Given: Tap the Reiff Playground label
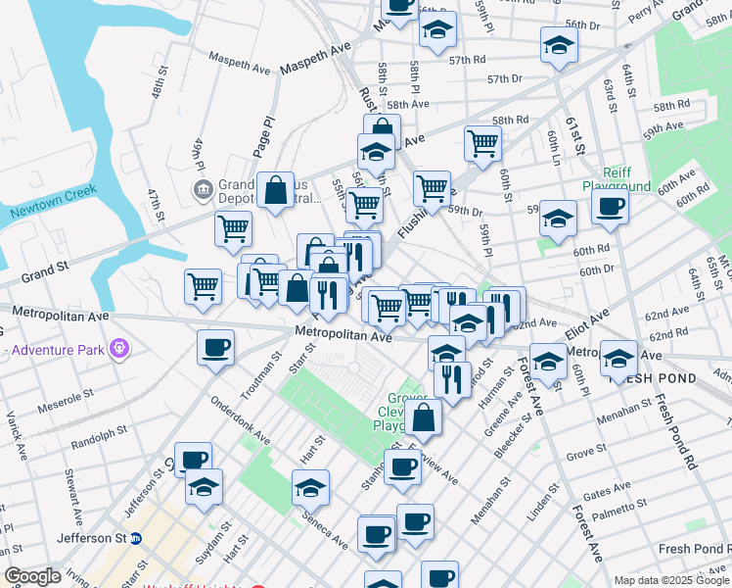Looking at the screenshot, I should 617,178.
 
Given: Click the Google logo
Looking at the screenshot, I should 32,576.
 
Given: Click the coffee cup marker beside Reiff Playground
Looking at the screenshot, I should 610,206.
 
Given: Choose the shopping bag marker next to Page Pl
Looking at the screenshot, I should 277,189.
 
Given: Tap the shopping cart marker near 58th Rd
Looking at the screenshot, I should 483,143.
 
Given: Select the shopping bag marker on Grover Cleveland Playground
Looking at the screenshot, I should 424,416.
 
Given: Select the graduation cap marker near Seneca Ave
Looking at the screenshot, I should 310,487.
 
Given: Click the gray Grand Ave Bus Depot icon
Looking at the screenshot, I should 203,187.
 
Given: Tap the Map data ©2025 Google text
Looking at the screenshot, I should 671,580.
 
